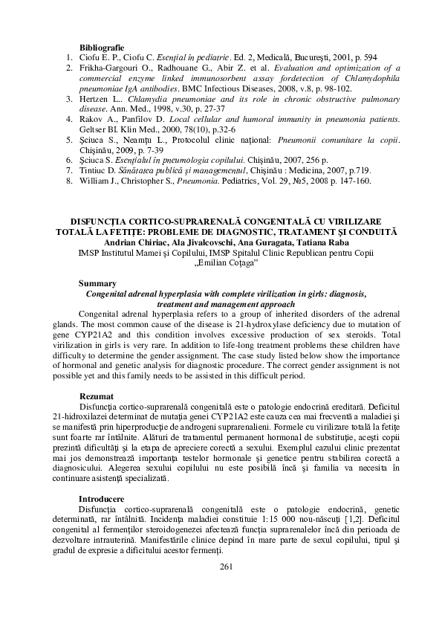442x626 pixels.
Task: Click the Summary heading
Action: point(97,283)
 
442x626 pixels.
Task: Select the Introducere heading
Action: point(103,497)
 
